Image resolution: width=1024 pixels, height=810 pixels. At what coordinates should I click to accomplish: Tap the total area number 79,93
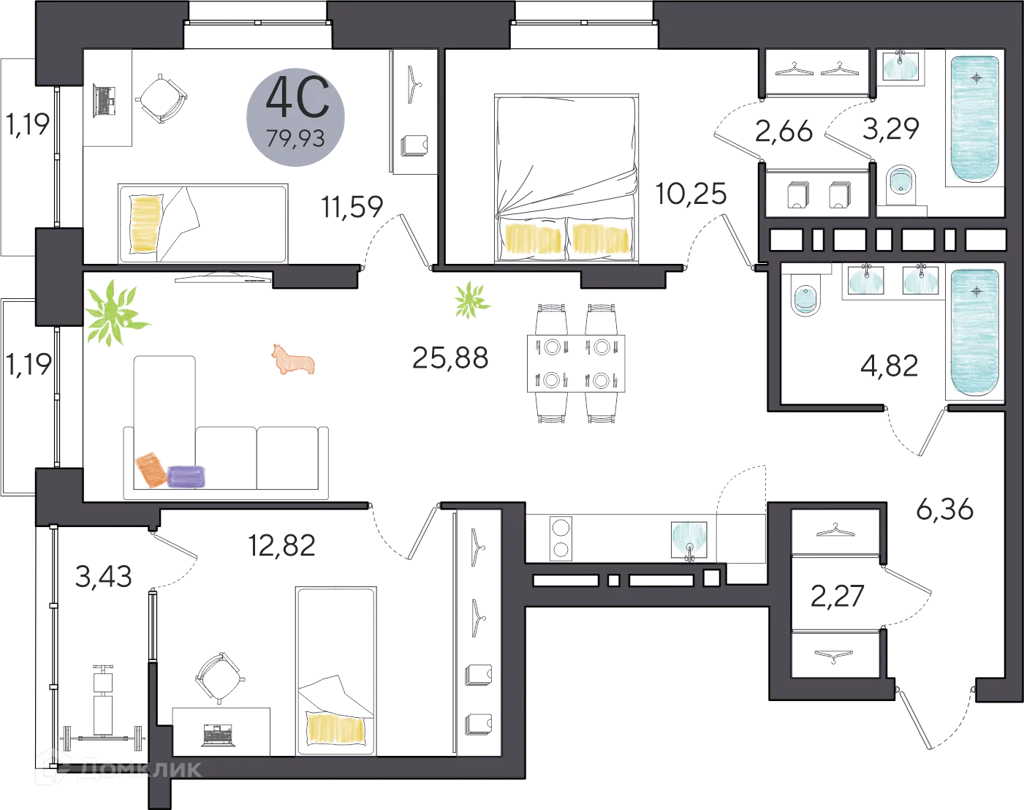(295, 137)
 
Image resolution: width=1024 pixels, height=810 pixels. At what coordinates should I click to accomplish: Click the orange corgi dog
(294, 360)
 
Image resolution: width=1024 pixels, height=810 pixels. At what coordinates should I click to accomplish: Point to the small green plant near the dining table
(471, 300)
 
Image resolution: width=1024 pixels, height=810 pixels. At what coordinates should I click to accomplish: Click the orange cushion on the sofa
(152, 469)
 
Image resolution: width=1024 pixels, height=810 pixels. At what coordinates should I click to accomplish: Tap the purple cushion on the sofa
(187, 476)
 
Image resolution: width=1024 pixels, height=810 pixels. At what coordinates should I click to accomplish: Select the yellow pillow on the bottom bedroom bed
(336, 728)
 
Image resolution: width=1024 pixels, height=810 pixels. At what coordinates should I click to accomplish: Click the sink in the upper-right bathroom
(900, 68)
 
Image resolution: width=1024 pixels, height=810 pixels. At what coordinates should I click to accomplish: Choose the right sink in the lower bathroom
(920, 281)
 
